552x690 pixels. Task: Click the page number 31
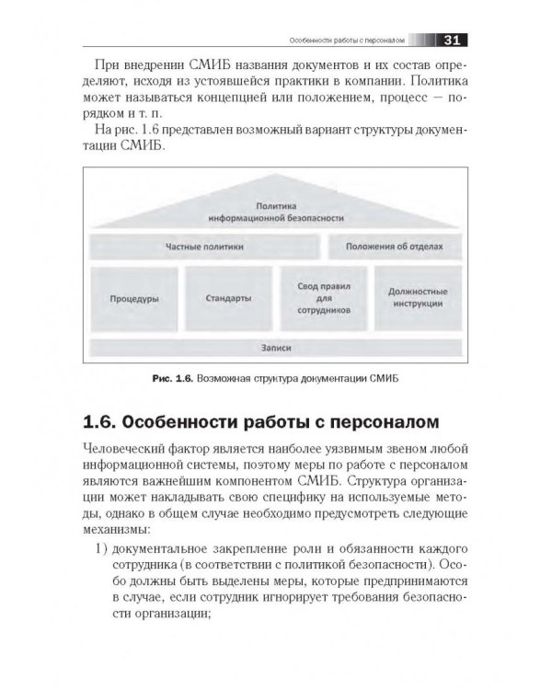[451, 40]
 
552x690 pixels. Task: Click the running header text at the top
[339, 40]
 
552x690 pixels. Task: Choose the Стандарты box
[230, 299]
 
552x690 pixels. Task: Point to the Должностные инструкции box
[418, 299]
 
